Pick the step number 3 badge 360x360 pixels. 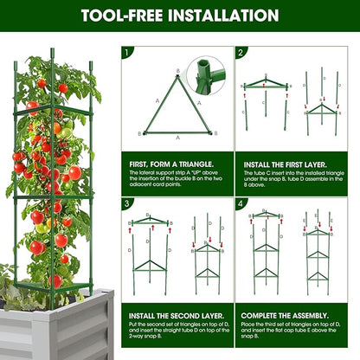point(126,204)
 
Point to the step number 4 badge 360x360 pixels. point(240,204)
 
